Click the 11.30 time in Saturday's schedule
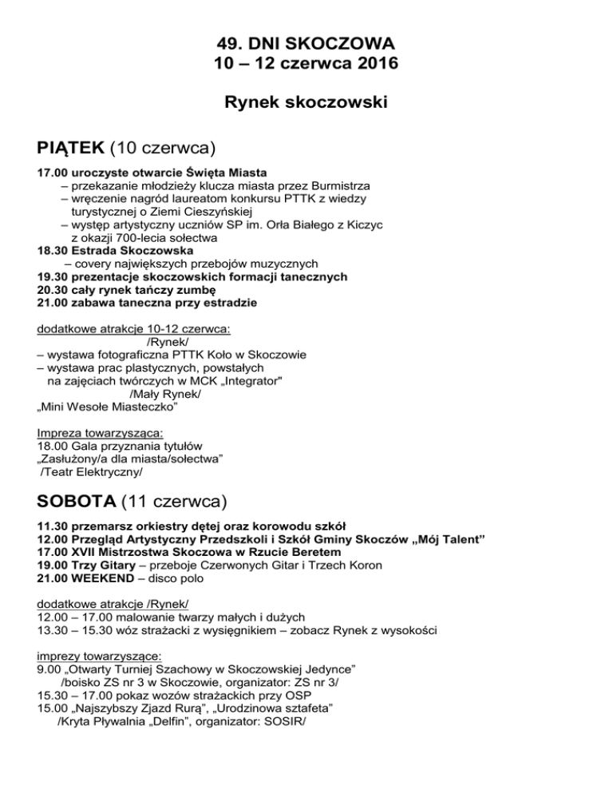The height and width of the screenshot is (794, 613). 52,526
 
